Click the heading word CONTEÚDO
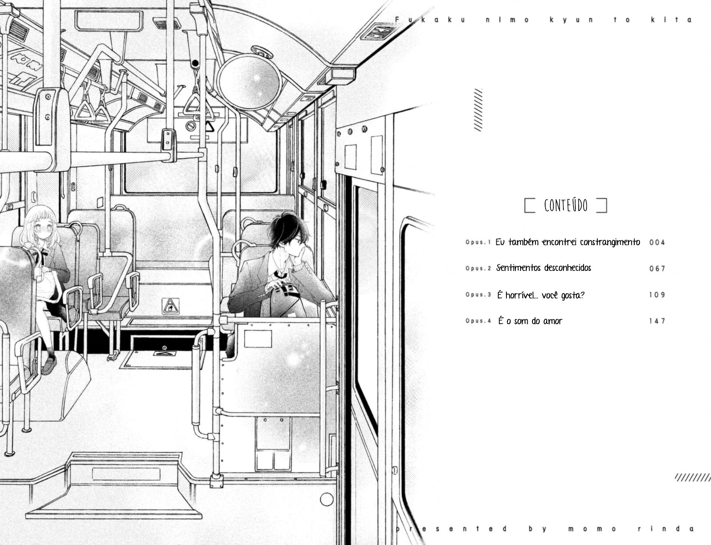pos(565,205)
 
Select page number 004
pos(657,243)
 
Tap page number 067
pos(657,269)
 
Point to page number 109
pos(657,295)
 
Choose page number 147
pos(657,321)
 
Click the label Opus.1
pos(478,242)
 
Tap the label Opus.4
pos(478,320)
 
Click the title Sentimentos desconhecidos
pos(544,268)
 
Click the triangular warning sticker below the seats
pos(170,306)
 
